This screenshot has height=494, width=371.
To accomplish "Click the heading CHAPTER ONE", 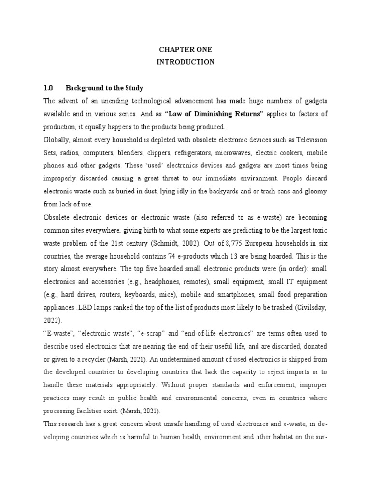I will (x=185, y=50).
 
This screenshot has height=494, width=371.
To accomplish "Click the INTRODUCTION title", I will (x=185, y=62).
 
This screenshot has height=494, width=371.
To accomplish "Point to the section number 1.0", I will (x=48, y=88).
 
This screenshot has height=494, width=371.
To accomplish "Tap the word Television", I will (x=309, y=140).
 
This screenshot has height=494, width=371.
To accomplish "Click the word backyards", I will (x=224, y=192).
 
